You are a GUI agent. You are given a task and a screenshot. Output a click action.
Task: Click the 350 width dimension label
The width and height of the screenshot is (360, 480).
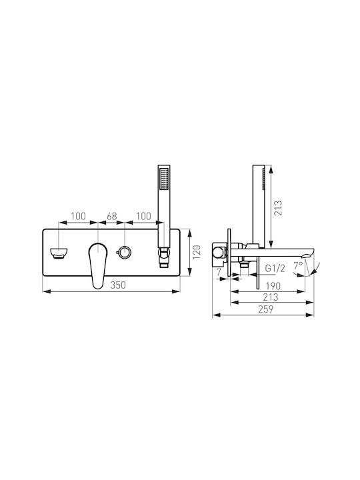pyautogui.click(x=118, y=285)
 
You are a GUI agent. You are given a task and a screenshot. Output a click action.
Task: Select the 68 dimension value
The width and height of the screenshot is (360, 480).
pyautogui.click(x=112, y=216)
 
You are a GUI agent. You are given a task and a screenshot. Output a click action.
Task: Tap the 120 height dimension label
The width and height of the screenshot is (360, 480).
pyautogui.click(x=197, y=252)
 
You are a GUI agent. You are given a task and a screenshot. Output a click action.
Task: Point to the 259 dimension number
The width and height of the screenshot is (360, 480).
pyautogui.click(x=265, y=309)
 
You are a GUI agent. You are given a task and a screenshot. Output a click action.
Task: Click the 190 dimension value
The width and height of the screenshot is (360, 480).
pyautogui.click(x=273, y=286)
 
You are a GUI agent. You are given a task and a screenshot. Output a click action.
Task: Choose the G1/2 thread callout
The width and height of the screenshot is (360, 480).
pyautogui.click(x=275, y=269)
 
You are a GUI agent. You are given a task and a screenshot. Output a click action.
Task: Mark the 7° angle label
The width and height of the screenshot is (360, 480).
pyautogui.click(x=298, y=265)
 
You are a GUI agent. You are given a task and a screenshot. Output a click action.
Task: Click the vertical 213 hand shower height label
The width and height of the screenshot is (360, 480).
pyautogui.click(x=278, y=208)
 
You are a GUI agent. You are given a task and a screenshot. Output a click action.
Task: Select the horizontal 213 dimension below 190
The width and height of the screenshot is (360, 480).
pyautogui.click(x=271, y=297)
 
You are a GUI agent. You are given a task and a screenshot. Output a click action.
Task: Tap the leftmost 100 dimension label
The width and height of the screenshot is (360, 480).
pyautogui.click(x=78, y=216)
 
